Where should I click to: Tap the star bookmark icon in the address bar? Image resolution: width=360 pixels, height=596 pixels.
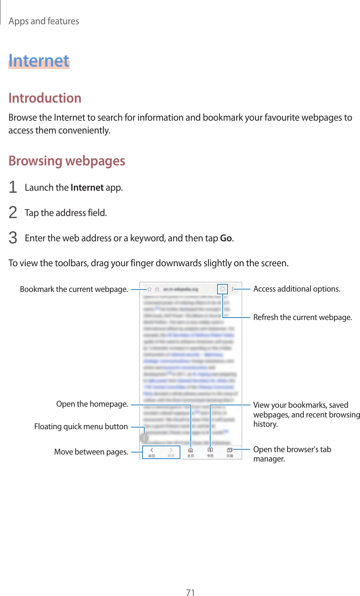point(149,289)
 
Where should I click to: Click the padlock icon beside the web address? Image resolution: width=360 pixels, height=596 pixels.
point(157,289)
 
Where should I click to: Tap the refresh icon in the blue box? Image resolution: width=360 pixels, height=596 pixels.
point(223,289)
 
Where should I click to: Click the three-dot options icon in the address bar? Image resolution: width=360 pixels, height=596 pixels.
point(233,289)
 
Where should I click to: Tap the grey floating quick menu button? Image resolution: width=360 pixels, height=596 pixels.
point(144,438)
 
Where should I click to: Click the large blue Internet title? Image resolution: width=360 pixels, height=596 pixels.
point(39,61)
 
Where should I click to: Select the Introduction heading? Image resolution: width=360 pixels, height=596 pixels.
point(45,98)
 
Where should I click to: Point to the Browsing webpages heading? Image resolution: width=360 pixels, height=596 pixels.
point(67,161)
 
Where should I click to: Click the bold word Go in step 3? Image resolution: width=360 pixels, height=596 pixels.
point(226,238)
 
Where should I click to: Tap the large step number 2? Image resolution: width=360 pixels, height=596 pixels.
point(13,213)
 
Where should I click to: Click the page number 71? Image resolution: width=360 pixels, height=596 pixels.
point(190,592)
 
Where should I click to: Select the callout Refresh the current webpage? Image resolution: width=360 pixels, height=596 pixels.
point(302,317)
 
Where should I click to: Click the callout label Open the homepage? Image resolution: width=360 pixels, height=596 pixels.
point(92,404)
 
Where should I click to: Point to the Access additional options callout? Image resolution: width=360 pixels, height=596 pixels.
point(297,289)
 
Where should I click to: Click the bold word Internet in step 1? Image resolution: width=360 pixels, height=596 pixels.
point(87,188)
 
